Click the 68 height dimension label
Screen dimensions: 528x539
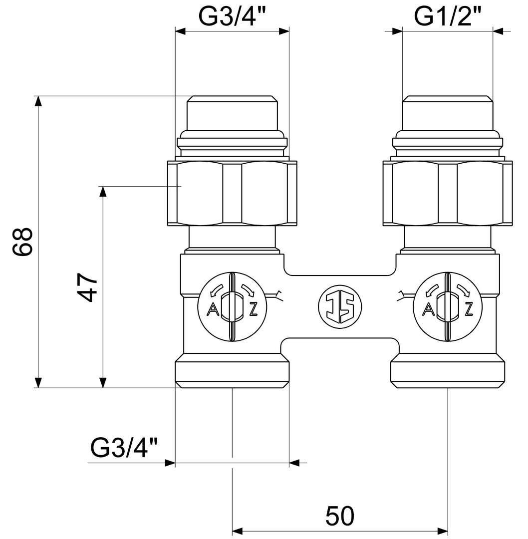[x=22, y=242]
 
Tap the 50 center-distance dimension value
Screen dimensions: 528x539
[x=340, y=516]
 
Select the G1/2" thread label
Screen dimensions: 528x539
[x=447, y=16]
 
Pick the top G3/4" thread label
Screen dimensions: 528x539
[x=233, y=16]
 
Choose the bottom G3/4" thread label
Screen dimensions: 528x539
[x=124, y=448]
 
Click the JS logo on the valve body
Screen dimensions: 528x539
[x=340, y=306]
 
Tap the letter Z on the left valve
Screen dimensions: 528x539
[x=254, y=309]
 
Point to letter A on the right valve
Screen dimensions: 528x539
[x=428, y=309]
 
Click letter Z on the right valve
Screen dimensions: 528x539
[x=469, y=309]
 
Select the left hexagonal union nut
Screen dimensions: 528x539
[x=232, y=193]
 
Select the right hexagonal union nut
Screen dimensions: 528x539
[x=448, y=193]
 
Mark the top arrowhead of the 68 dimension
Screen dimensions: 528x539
[x=38, y=102]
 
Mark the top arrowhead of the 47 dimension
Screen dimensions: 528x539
[x=102, y=192]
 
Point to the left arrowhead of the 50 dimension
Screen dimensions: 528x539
[x=239, y=531]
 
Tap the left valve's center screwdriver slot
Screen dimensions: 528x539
[x=233, y=307]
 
